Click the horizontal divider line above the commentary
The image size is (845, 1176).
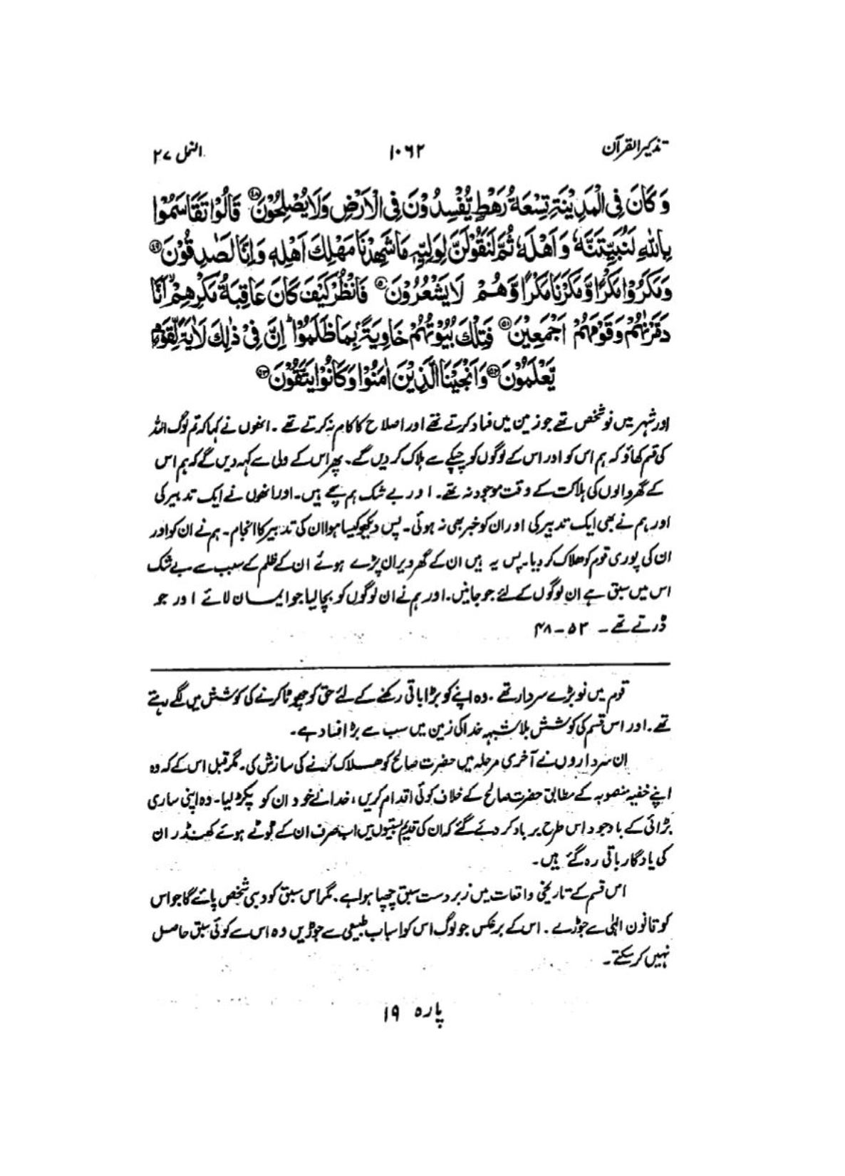[411, 665]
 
